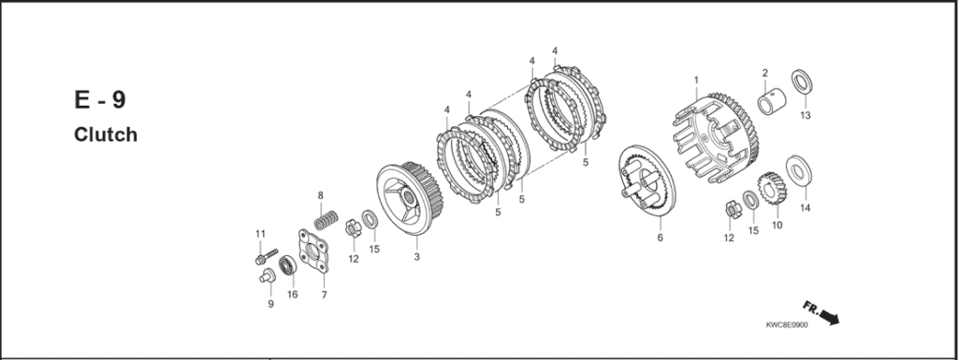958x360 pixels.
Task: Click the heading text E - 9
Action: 100,99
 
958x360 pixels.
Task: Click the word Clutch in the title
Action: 106,135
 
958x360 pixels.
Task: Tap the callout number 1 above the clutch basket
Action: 695,79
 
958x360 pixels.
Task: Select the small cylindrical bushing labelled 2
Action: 772,101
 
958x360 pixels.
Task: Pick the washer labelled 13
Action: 802,81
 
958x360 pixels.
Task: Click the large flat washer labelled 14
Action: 799,170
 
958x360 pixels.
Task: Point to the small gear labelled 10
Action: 772,189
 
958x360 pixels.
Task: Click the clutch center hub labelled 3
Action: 410,198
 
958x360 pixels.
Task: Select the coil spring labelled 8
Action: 327,220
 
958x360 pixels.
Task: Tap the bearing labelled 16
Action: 287,266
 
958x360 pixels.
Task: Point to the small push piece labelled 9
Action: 267,277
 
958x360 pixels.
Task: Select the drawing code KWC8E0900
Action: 786,325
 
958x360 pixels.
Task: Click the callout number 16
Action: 293,295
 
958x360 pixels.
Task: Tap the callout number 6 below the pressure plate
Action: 660,238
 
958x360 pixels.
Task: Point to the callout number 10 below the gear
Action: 777,225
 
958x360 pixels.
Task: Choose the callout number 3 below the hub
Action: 416,257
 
